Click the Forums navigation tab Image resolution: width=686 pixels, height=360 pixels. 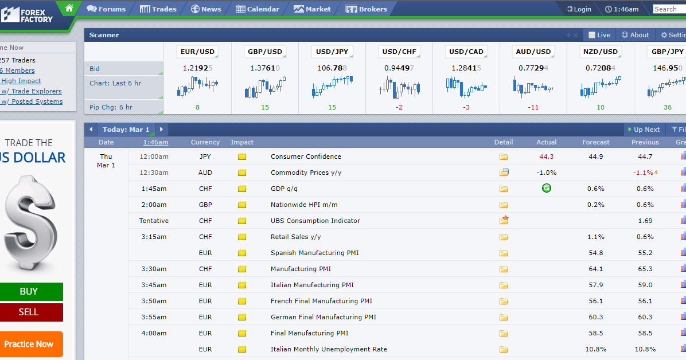point(106,9)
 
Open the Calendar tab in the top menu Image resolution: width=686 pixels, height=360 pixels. point(257,9)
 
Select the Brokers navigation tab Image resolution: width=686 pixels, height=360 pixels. point(366,9)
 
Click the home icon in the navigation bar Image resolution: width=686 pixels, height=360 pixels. point(69,8)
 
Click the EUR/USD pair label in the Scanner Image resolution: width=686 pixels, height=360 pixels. point(198,52)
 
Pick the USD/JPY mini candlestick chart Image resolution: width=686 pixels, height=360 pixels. point(332,86)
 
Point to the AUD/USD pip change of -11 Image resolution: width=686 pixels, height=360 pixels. point(533,107)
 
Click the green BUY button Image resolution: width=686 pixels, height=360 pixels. point(29,291)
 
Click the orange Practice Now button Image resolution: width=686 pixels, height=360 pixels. point(29,345)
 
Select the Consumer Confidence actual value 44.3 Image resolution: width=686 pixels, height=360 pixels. point(547,156)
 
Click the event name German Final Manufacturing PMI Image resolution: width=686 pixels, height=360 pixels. point(323,317)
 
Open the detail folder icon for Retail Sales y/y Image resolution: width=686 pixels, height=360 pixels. point(504,237)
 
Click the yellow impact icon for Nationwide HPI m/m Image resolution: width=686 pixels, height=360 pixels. point(242,205)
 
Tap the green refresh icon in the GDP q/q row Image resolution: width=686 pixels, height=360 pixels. point(547,189)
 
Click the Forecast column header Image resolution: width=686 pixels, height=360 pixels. point(595,142)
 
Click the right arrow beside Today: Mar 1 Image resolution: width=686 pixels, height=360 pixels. point(161,130)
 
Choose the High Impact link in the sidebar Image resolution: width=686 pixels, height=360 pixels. point(21,81)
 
